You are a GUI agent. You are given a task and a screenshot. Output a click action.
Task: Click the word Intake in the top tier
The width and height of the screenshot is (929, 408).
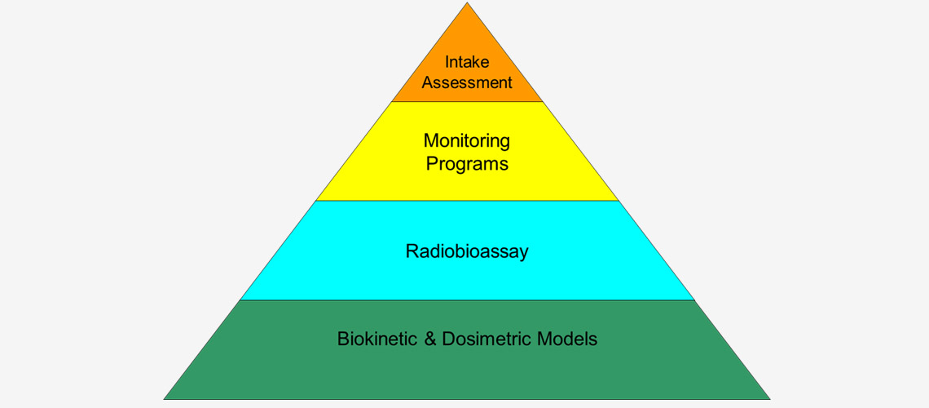tap(467, 62)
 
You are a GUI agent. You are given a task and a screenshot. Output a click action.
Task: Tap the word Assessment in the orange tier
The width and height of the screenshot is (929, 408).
tap(467, 82)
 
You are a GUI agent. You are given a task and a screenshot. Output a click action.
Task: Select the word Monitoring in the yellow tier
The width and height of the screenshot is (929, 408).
tap(467, 141)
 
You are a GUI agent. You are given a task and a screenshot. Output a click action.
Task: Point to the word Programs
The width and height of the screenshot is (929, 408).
tap(467, 163)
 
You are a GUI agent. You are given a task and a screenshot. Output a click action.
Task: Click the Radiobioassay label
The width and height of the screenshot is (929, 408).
tap(467, 251)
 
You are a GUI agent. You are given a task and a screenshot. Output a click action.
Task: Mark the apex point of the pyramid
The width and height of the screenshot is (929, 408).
tap(467, 3)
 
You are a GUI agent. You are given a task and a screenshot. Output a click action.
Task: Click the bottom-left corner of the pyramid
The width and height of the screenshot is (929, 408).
tap(165, 398)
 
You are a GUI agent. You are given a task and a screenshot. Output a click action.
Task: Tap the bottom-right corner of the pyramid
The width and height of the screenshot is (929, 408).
tap(769, 398)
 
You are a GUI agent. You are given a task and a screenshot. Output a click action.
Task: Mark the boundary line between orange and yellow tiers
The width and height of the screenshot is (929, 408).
tap(467, 102)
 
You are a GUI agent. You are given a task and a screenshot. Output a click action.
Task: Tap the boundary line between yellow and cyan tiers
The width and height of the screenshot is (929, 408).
tap(467, 201)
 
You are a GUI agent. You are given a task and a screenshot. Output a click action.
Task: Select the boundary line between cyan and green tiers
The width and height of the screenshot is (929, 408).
tap(467, 299)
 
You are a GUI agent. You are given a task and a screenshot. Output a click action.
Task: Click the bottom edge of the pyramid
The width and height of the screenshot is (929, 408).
tap(467, 399)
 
